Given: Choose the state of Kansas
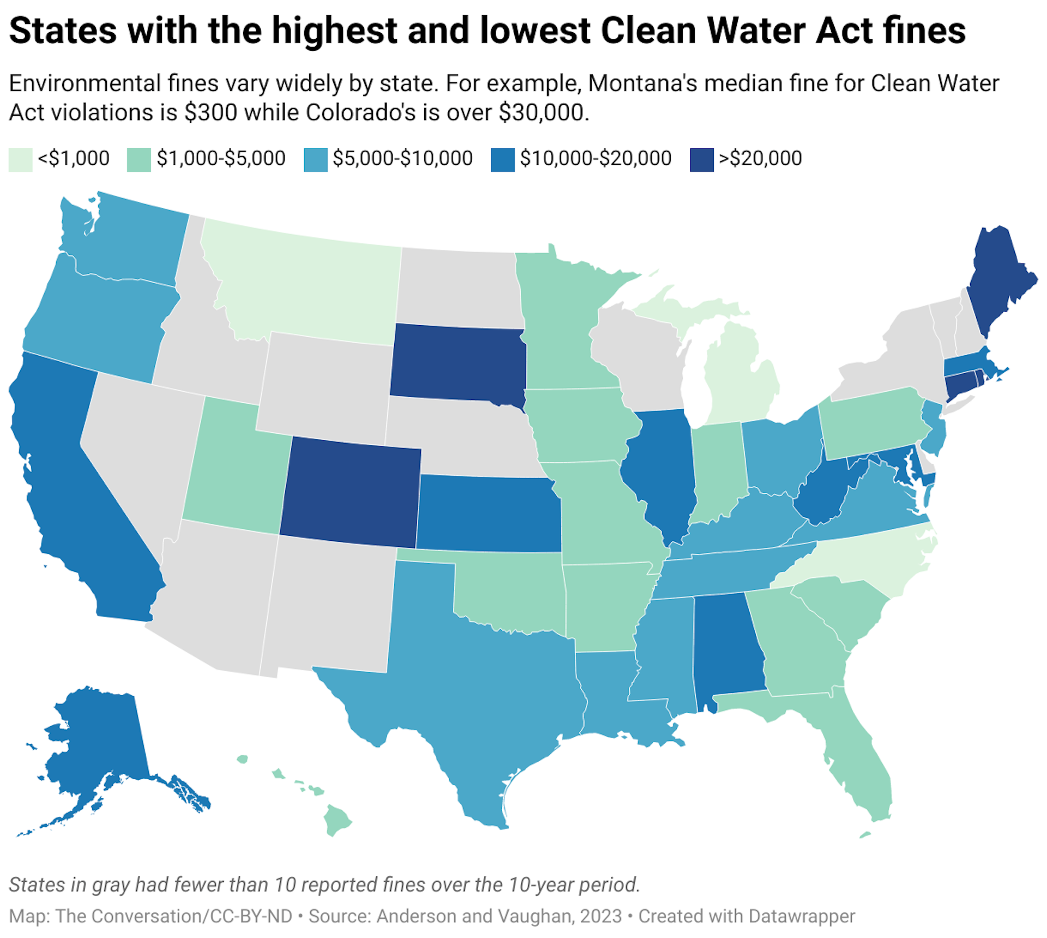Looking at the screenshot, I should pos(488,513).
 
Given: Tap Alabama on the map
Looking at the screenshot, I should pos(726,644).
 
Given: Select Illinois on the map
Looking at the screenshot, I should pos(660,469).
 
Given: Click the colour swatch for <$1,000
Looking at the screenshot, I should pos(20,160).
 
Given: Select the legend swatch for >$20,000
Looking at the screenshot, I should pos(701,160).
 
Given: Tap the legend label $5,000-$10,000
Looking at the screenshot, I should pos(402,159).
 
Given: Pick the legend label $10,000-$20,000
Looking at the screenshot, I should pos(595,159).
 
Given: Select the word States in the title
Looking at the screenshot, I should pos(63,31).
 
